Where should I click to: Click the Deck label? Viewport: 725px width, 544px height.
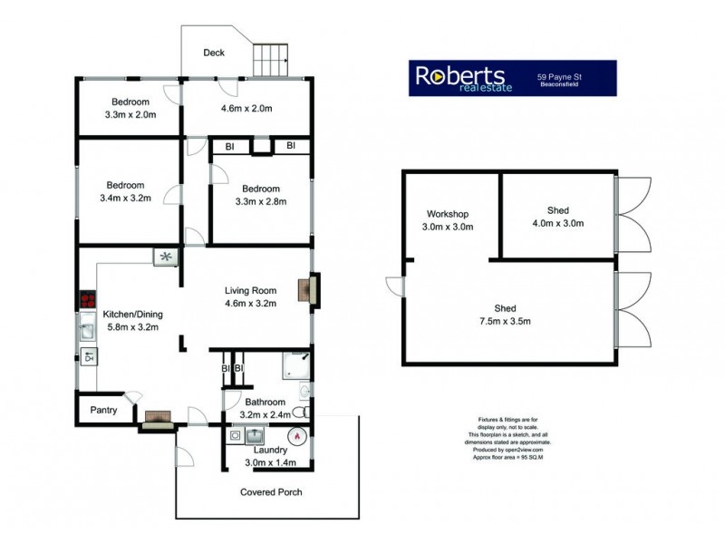click(x=214, y=53)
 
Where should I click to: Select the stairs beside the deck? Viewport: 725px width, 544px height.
click(x=270, y=61)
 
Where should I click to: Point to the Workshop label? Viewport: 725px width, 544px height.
click(x=449, y=215)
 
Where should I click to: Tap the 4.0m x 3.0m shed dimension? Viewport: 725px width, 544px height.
click(x=558, y=223)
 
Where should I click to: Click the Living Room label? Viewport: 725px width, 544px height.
click(x=250, y=291)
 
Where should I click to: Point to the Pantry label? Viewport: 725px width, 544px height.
click(x=102, y=410)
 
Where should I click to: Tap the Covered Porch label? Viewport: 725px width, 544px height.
click(x=271, y=492)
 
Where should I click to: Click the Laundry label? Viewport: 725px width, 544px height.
click(x=270, y=450)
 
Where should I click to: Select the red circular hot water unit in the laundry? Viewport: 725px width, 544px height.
click(x=295, y=434)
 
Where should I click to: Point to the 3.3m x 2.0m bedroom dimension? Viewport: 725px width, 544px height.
click(x=131, y=115)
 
